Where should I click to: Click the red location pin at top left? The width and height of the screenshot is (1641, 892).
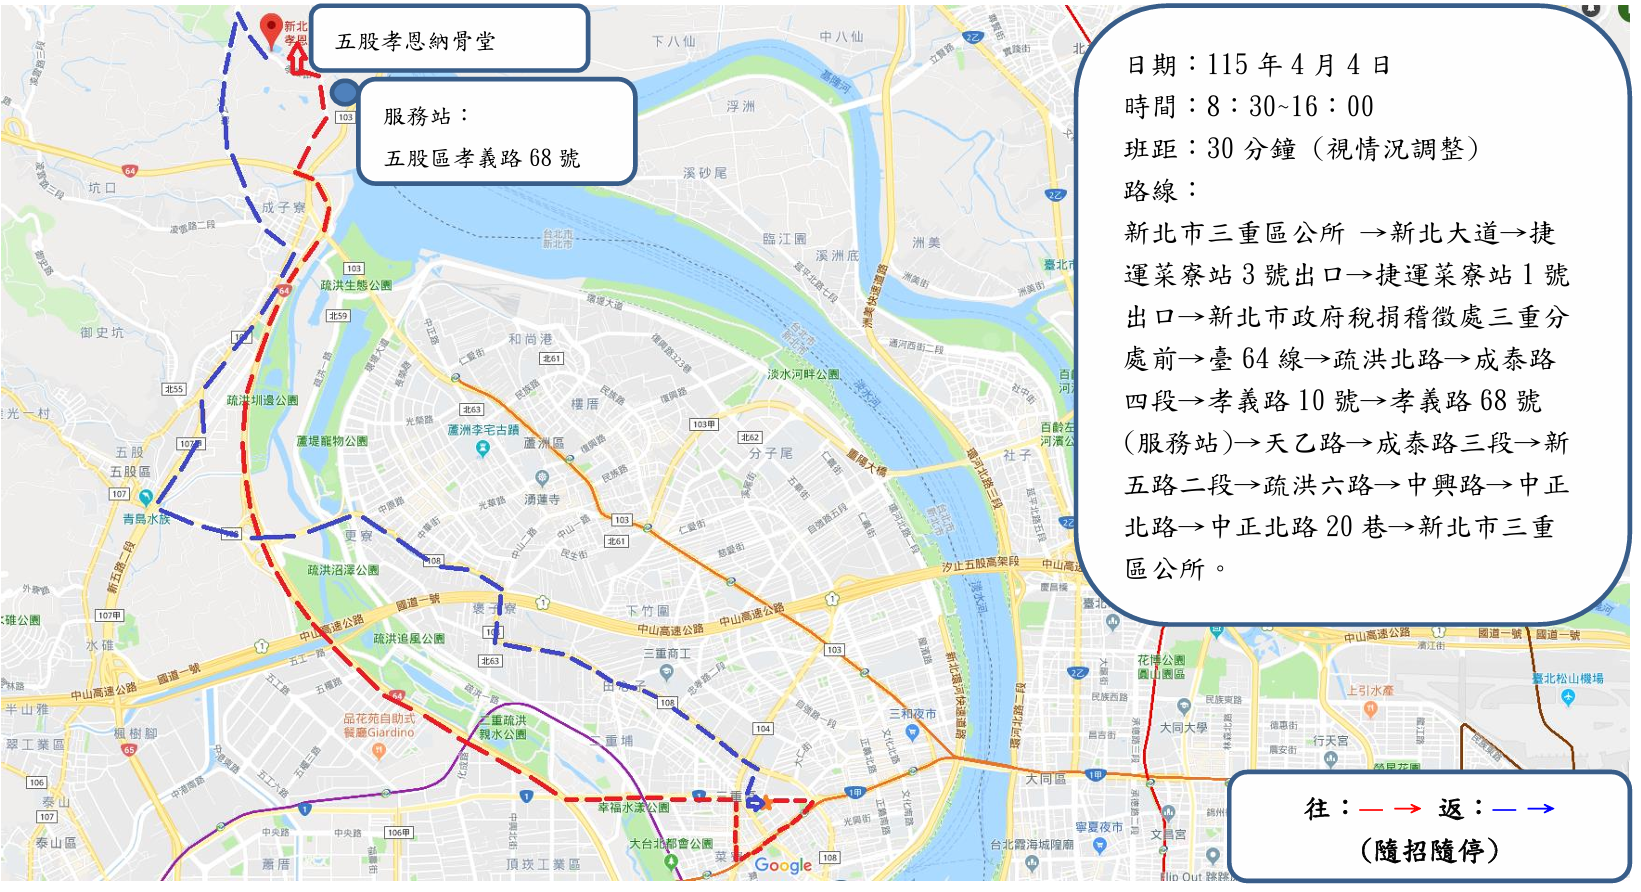pyautogui.click(x=271, y=29)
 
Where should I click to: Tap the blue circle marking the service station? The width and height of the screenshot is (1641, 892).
pyautogui.click(x=344, y=93)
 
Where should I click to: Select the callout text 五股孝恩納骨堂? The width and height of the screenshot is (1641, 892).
pyautogui.click(x=415, y=41)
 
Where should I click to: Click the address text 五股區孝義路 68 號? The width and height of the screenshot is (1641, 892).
pyautogui.click(x=482, y=158)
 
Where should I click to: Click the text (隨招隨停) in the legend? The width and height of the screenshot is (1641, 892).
pyautogui.click(x=1430, y=851)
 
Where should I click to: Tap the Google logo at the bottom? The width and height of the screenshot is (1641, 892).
pyautogui.click(x=783, y=865)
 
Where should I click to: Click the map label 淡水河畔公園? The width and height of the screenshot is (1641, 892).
pyautogui.click(x=803, y=374)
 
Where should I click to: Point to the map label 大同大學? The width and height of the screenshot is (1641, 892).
pyautogui.click(x=1183, y=728)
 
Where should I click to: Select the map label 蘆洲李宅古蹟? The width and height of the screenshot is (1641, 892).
pyautogui.click(x=483, y=430)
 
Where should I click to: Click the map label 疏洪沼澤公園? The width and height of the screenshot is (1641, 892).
pyautogui.click(x=343, y=570)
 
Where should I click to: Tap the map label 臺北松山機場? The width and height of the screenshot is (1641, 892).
pyautogui.click(x=1567, y=679)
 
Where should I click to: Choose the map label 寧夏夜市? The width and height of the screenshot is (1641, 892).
pyautogui.click(x=1098, y=828)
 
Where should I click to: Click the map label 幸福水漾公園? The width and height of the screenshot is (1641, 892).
pyautogui.click(x=633, y=807)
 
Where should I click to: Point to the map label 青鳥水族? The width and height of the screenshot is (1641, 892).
pyautogui.click(x=146, y=519)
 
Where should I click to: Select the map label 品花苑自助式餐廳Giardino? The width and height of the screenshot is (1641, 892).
pyautogui.click(x=379, y=725)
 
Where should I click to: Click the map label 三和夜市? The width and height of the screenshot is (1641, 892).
pyautogui.click(x=912, y=714)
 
